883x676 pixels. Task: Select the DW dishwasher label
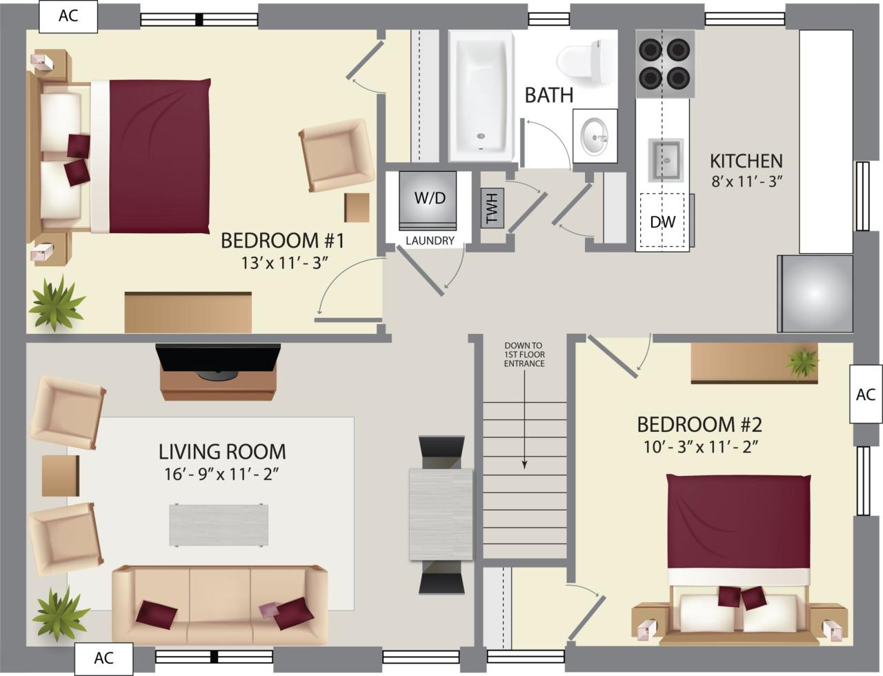663,222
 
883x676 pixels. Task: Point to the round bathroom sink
594,135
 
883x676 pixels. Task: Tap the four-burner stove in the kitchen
664,63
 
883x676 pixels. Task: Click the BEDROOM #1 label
282,241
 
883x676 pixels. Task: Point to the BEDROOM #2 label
699,424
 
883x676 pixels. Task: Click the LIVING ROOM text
222,452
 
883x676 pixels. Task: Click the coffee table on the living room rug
219,525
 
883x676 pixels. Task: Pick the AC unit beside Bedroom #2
865,394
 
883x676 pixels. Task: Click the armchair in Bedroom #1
336,155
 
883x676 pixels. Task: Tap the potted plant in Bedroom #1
57,303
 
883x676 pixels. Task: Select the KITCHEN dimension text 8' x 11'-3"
746,182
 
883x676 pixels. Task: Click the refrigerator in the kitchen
816,294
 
